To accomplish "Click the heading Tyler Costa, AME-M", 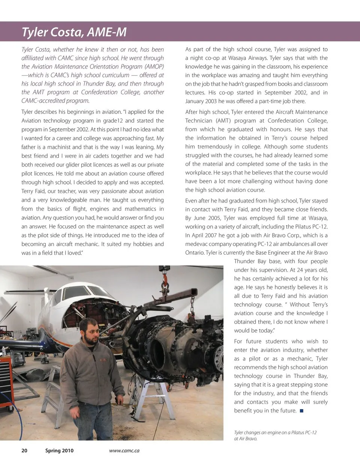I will point(74,32).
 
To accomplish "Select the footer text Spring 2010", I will point(59,451).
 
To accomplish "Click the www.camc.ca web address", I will point(124,451).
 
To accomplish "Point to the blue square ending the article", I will point(301,411).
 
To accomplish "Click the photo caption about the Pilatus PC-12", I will point(275,435).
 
